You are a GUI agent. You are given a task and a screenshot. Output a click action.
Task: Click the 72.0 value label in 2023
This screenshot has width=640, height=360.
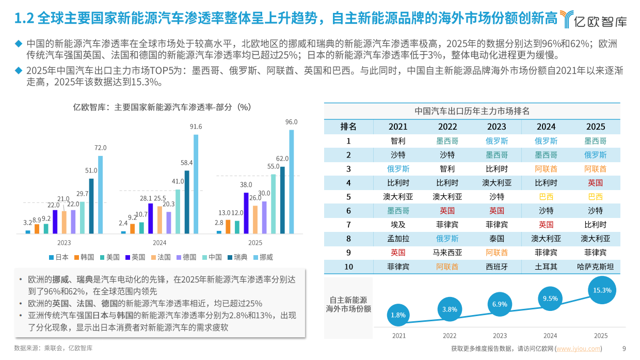[x=100, y=148]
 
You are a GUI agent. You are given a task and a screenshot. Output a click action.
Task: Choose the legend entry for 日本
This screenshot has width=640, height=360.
[x=59, y=257]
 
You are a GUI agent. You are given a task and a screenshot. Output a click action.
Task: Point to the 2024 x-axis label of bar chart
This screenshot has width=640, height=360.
[x=159, y=243]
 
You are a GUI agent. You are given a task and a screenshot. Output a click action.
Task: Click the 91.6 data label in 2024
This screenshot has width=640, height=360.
[x=196, y=127]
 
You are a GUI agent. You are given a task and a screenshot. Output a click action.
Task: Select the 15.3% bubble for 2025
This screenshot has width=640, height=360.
[x=602, y=290]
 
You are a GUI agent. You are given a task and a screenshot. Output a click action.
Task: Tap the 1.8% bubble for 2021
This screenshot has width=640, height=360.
[x=398, y=315]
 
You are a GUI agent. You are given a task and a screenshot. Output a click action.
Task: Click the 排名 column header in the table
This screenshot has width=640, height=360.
[x=348, y=127]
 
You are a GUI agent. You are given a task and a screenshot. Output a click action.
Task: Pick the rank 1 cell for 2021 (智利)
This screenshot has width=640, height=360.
[x=398, y=140]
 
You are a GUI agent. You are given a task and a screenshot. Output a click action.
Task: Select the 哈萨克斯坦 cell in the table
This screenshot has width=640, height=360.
[x=595, y=267]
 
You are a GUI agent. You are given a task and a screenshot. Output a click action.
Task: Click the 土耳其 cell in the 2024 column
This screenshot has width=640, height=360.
[x=546, y=267]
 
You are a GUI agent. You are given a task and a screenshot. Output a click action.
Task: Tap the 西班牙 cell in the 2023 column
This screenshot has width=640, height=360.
[x=497, y=267]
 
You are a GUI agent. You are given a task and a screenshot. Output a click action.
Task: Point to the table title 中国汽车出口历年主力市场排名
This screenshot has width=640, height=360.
[x=472, y=111]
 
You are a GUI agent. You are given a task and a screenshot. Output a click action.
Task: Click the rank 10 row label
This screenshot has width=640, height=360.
[x=348, y=267]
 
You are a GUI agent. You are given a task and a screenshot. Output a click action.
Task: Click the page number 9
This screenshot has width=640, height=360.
[x=624, y=349]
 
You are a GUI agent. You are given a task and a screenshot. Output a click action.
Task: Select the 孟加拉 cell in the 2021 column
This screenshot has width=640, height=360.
[x=398, y=239]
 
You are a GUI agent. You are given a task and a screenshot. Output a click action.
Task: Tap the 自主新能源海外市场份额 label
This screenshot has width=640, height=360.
[x=348, y=304]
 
